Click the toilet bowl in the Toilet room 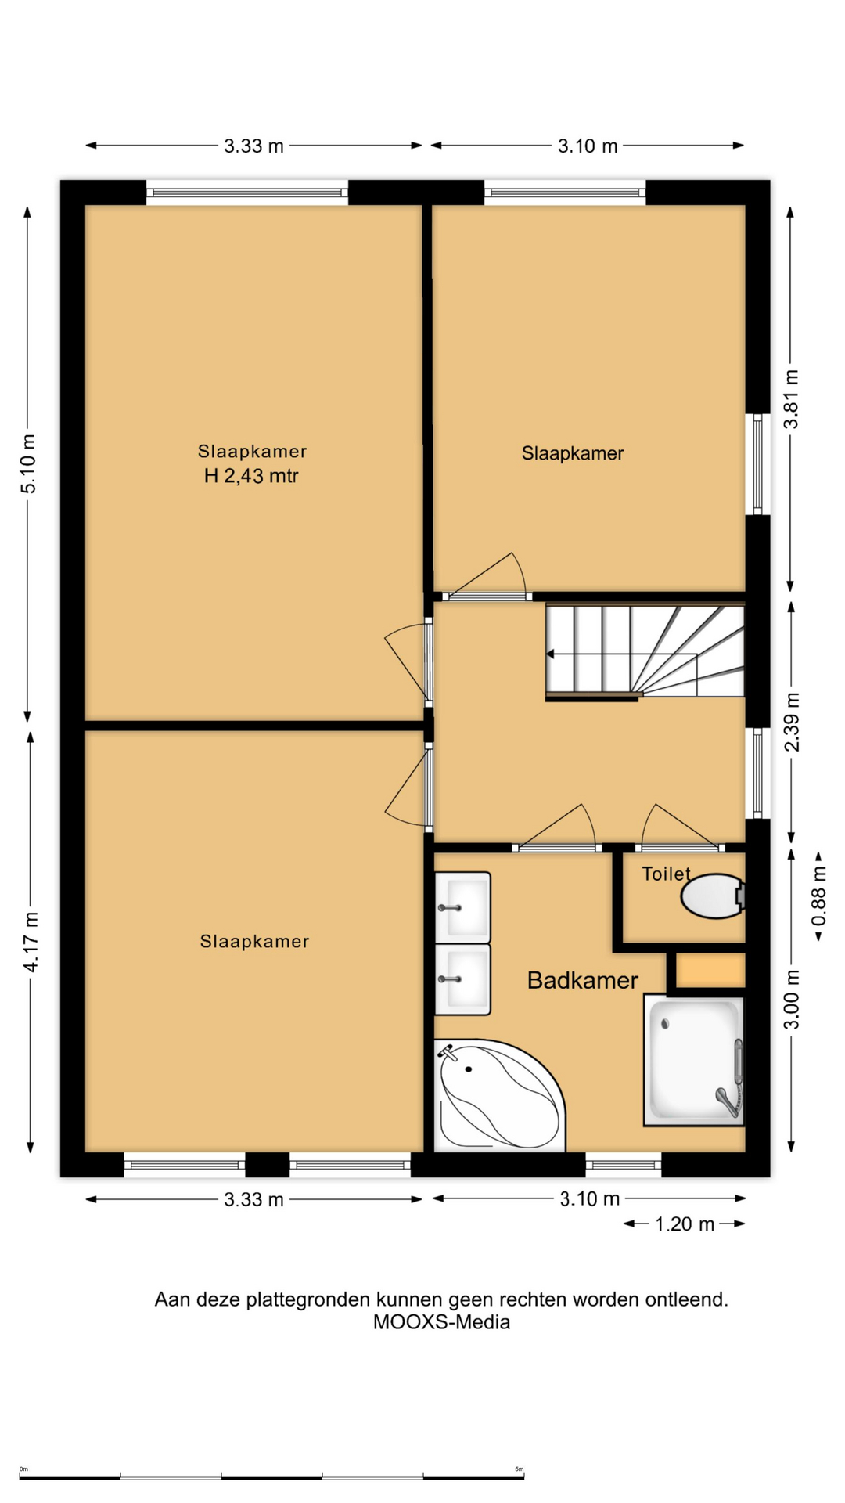click(x=713, y=896)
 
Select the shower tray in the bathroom click(x=693, y=1060)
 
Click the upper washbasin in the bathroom click(x=462, y=907)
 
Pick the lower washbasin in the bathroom click(x=462, y=979)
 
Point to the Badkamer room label click(x=582, y=980)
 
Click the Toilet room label click(x=666, y=874)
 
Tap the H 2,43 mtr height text click(x=251, y=475)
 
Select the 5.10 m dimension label click(x=28, y=463)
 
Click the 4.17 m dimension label click(x=31, y=942)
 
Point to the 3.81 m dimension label click(x=792, y=399)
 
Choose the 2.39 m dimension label click(x=793, y=722)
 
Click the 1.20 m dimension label click(x=685, y=1224)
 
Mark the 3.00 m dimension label click(x=792, y=1000)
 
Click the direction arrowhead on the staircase click(x=550, y=654)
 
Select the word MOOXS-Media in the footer click(x=441, y=1322)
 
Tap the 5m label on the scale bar click(x=519, y=1469)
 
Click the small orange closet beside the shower click(x=710, y=971)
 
